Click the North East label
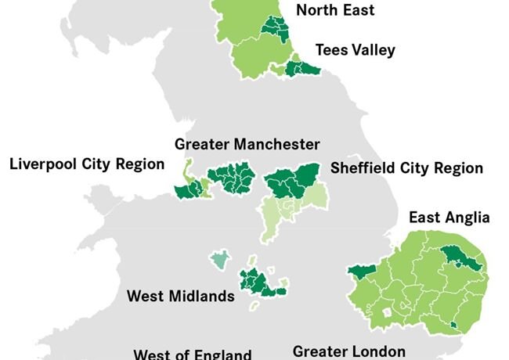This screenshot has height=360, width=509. click(x=334, y=10)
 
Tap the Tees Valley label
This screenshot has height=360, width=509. click(x=355, y=50)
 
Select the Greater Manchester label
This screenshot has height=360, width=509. click(x=247, y=145)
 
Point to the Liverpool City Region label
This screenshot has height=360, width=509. click(x=87, y=164)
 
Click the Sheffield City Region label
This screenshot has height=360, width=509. click(x=406, y=168)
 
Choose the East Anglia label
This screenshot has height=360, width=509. click(x=449, y=218)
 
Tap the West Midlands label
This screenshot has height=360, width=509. click(x=180, y=297)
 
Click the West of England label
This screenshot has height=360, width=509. click(x=192, y=354)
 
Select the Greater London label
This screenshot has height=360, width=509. click(x=348, y=351)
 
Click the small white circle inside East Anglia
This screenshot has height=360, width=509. click(x=385, y=311)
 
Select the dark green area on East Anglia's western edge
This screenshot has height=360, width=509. click(x=361, y=272)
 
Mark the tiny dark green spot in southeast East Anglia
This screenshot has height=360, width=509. click(x=453, y=324)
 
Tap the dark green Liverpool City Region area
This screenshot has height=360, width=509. click(x=188, y=190)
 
